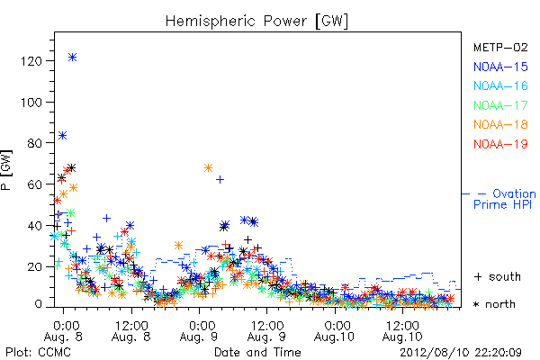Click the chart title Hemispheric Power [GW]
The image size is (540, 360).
(256, 21)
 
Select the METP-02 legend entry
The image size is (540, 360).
(500, 47)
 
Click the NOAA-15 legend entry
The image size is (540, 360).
(500, 67)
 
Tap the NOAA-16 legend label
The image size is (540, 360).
(500, 85)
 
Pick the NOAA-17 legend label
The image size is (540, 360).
(500, 105)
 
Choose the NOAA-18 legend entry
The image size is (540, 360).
(500, 124)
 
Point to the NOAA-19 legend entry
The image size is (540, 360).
(500, 144)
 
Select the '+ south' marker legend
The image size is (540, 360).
(498, 276)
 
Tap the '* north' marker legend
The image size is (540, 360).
(494, 304)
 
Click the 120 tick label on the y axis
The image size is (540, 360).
(31, 61)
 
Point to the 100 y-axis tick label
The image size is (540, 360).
(31, 103)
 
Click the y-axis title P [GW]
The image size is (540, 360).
(6, 170)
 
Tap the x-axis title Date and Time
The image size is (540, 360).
(257, 352)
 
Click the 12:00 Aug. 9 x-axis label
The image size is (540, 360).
(266, 330)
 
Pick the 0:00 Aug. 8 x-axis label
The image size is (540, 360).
(63, 330)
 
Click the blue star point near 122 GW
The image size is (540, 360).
(72, 58)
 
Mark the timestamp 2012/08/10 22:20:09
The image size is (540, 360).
(461, 353)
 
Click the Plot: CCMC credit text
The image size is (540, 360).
(38, 352)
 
